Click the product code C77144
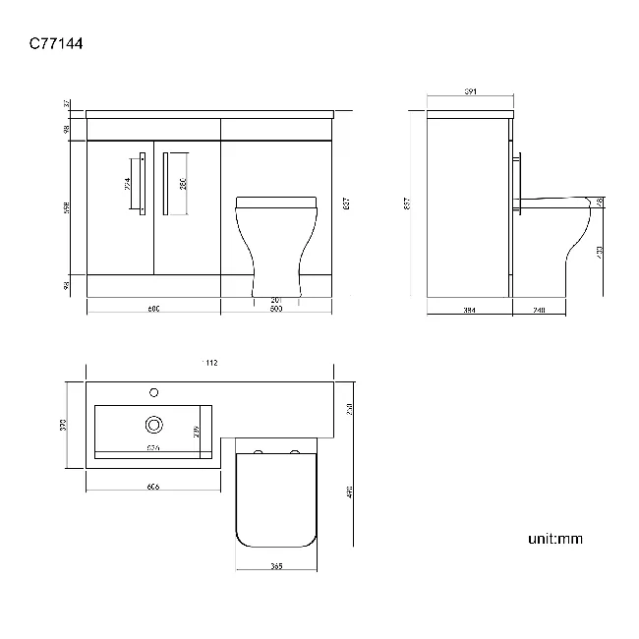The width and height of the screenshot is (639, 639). pyautogui.click(x=60, y=44)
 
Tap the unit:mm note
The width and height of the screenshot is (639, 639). pyautogui.click(x=555, y=539)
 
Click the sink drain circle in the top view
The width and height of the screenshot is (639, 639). pyautogui.click(x=153, y=425)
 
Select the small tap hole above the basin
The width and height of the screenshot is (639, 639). pyautogui.click(x=153, y=393)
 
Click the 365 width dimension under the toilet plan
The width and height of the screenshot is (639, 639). pyautogui.click(x=276, y=567)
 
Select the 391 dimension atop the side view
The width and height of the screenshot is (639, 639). pyautogui.click(x=470, y=92)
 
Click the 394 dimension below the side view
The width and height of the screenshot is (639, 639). pyautogui.click(x=469, y=310)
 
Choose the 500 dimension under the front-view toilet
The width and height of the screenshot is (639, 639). pyautogui.click(x=276, y=310)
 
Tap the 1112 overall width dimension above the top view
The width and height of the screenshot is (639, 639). pyautogui.click(x=209, y=364)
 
